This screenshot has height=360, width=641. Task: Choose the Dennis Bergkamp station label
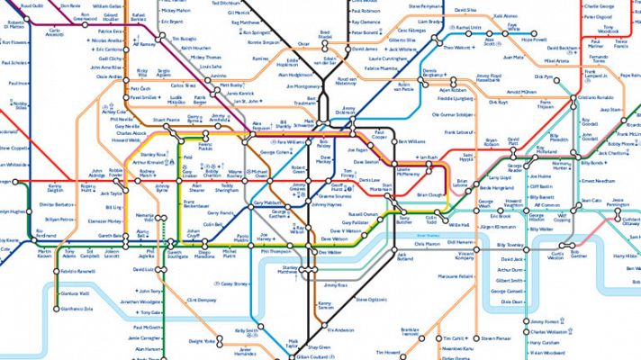440,73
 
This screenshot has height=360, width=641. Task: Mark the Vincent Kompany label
465,256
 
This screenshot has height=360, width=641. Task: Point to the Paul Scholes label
14,64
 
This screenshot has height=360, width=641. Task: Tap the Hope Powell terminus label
535,40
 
